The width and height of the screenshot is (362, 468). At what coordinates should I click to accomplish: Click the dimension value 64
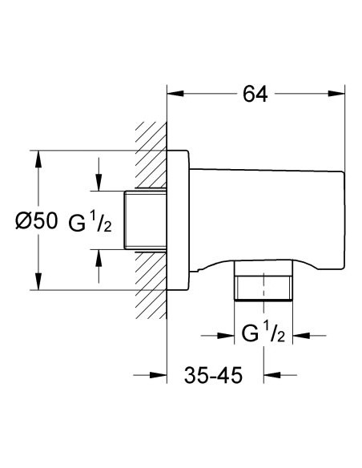click(x=254, y=95)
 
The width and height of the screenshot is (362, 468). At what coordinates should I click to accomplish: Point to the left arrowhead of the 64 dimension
click(x=172, y=95)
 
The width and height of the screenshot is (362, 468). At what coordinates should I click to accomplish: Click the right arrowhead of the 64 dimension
click(x=340, y=95)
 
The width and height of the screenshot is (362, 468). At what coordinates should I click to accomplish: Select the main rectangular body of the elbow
click(x=268, y=212)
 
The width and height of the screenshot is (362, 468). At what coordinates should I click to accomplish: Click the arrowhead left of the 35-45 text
click(x=160, y=374)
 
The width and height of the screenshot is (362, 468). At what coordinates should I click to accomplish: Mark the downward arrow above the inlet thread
click(x=99, y=184)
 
